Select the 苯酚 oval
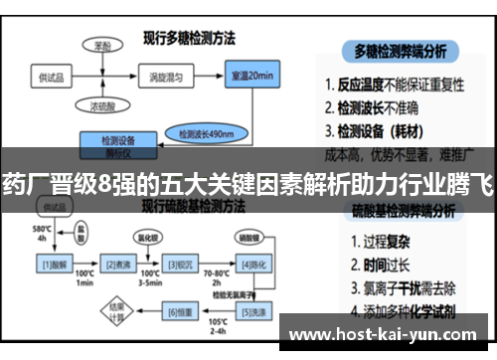click(x=102, y=46)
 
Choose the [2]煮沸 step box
click(x=120, y=265)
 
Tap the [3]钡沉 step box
click(x=180, y=265)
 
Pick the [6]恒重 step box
click(x=180, y=311)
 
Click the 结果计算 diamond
click(x=116, y=311)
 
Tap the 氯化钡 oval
click(x=147, y=239)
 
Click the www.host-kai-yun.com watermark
click(x=387, y=334)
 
